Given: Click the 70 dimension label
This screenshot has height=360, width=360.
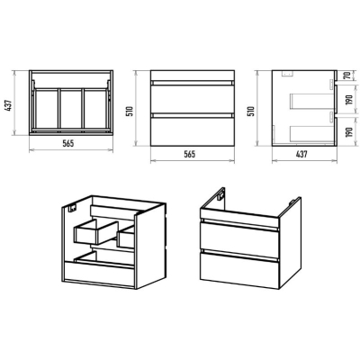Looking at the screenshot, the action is click(x=348, y=75).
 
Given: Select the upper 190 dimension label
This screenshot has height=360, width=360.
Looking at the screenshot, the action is click(x=348, y=100).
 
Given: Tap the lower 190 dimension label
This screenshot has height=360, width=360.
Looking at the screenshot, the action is click(x=348, y=131).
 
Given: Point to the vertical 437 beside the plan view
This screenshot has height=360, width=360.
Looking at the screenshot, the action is click(x=9, y=105).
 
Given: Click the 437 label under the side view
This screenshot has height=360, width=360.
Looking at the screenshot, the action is click(x=301, y=154).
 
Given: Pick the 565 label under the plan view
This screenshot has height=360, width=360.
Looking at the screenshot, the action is click(x=68, y=143).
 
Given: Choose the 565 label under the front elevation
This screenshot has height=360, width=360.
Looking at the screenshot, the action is click(x=190, y=154).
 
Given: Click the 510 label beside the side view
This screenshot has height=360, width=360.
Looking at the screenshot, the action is click(x=252, y=111).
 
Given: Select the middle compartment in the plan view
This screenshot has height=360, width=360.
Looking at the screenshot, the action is click(x=70, y=109).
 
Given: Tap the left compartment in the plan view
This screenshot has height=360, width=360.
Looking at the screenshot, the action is click(x=46, y=109).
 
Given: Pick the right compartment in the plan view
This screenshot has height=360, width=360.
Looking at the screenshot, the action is click(x=94, y=109).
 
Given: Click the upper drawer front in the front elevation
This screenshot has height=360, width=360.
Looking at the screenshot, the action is click(x=193, y=99).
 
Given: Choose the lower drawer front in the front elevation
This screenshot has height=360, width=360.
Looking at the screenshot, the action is click(x=193, y=131).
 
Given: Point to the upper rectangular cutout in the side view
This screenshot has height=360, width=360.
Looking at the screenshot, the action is click(x=312, y=101).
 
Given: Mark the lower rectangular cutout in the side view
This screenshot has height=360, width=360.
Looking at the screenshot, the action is click(x=312, y=133).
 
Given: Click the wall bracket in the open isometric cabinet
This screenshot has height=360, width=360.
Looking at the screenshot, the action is click(x=73, y=209).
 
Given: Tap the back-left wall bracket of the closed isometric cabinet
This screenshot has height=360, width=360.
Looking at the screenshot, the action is click(x=220, y=195).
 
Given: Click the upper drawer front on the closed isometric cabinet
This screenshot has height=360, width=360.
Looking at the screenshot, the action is click(x=240, y=239).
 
